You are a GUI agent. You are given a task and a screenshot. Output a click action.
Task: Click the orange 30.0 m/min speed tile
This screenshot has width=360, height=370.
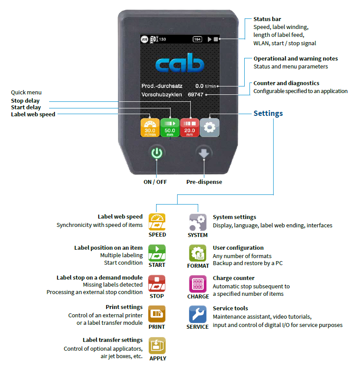coord(150,127)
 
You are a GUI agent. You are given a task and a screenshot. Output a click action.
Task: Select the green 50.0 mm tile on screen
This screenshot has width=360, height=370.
coord(170,127)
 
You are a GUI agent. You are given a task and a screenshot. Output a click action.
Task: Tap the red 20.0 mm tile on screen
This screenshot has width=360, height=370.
coord(189,127)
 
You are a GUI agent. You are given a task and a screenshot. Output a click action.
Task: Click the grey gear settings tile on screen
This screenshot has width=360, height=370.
coord(209,127)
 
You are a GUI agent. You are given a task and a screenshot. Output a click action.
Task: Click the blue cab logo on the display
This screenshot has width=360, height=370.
coord(180,65)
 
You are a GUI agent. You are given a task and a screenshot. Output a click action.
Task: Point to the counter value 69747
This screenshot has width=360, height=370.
coord(196,94)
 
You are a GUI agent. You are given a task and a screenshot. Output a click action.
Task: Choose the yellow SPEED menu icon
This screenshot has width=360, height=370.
coord(157,222)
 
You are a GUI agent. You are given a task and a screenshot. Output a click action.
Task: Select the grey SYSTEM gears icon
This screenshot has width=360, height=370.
coord(197,222)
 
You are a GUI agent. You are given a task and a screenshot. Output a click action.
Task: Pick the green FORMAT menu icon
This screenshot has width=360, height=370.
coord(197,253)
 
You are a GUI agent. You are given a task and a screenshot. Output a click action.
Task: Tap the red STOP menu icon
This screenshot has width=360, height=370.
coord(157,284)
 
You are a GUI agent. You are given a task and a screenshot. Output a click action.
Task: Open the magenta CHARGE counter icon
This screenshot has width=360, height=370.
coord(197,284)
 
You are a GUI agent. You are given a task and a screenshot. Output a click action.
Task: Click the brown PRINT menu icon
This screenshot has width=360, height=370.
coord(157,314)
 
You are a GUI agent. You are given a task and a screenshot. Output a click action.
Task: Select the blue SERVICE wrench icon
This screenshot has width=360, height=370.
coord(197,314)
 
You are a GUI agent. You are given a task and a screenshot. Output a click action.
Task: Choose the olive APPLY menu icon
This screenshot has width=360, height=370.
coord(157,345)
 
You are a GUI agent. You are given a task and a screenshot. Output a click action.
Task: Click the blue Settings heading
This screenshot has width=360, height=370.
coord(268,113)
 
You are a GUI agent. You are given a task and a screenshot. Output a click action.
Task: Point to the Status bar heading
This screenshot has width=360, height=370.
coord(267,19)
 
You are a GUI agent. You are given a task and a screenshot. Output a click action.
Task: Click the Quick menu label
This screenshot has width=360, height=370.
coord(26,92)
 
